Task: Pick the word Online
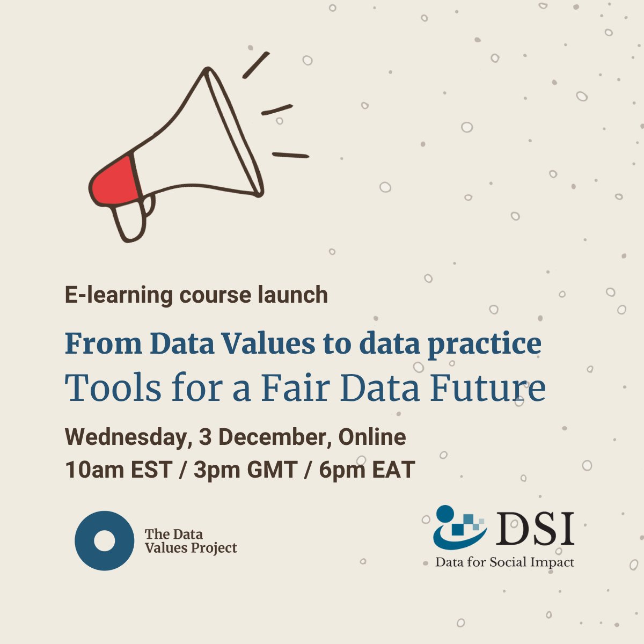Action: coord(371,437)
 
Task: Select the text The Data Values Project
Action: coord(191,541)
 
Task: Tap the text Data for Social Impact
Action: coord(504,562)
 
